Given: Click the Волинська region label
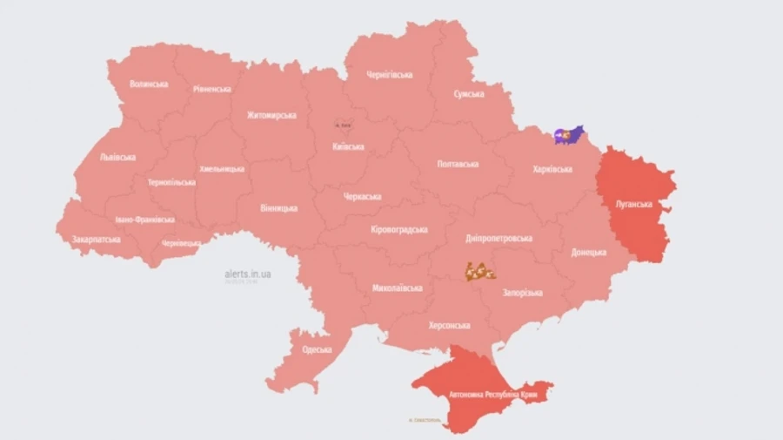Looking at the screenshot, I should click(x=148, y=85).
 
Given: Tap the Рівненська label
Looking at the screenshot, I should click(x=211, y=89).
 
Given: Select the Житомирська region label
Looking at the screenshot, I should click(x=271, y=115).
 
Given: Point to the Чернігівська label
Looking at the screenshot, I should click(x=390, y=75).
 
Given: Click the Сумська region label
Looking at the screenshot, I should click(x=469, y=93).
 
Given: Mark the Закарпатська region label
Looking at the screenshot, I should click(x=97, y=238).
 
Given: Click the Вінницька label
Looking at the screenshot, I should click(x=278, y=208).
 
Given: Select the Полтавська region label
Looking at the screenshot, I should click(x=458, y=164).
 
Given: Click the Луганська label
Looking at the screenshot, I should click(x=633, y=204).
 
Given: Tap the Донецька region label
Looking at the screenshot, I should click(x=589, y=253).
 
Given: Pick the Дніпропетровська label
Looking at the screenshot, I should click(x=499, y=238).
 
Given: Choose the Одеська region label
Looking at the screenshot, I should click(x=317, y=349).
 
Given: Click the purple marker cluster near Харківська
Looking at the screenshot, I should click(x=569, y=135).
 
